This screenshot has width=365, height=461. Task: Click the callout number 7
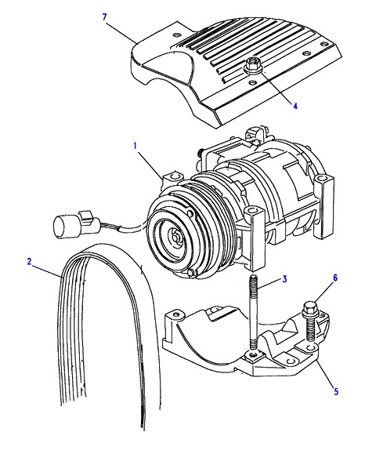point(105,17)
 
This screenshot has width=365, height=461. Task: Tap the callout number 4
point(295,106)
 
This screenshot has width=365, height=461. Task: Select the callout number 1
point(136,146)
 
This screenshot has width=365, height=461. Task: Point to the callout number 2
point(29,261)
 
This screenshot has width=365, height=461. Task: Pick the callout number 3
point(284,279)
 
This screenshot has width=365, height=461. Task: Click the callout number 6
point(335,278)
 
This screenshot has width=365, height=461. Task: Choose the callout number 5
point(336,391)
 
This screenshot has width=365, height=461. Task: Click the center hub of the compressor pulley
point(175,237)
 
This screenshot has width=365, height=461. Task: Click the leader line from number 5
point(324,373)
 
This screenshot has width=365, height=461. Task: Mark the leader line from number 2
point(47,271)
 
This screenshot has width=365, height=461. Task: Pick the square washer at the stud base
point(252,357)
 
